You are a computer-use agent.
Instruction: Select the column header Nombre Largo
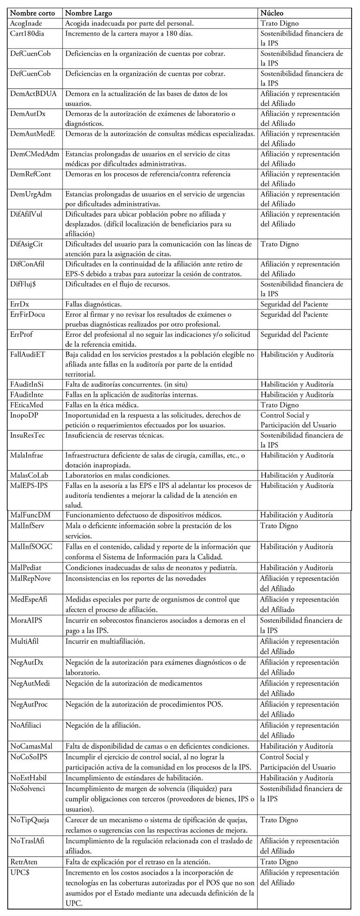click(89, 13)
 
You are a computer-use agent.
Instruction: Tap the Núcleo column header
click(272, 13)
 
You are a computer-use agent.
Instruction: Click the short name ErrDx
click(20, 304)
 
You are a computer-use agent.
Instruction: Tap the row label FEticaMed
click(28, 405)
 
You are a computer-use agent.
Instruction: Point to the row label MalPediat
click(27, 568)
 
